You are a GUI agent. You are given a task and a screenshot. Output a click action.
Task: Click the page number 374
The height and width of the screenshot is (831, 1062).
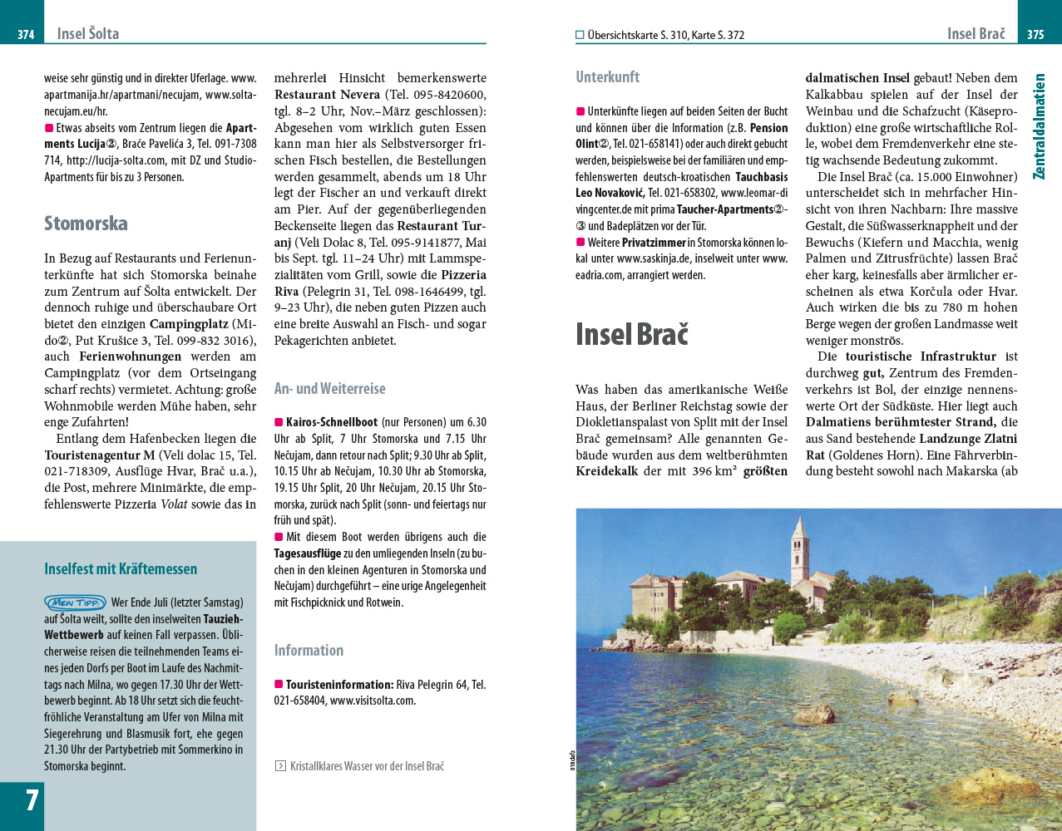click(x=26, y=35)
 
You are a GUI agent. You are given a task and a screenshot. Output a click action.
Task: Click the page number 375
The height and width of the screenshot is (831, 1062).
click(x=1035, y=35)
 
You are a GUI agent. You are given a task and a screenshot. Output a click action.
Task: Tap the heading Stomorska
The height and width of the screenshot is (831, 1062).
click(x=86, y=224)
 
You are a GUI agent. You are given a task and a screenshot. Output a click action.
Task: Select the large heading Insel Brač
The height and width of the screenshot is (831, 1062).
click(x=632, y=334)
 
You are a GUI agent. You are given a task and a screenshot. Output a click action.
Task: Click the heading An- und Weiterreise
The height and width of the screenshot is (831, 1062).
click(x=330, y=388)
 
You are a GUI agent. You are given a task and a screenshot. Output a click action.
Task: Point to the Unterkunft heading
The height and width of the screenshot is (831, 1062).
click(x=608, y=77)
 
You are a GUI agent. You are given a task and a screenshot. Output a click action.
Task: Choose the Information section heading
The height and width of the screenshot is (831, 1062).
click(x=309, y=650)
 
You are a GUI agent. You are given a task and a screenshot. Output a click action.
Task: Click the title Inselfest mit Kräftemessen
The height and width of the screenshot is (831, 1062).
click(x=121, y=569)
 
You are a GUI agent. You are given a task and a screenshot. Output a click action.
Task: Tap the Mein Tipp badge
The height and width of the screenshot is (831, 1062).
click(x=75, y=602)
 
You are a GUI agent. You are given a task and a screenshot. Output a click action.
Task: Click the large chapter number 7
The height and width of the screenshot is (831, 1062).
click(x=32, y=800)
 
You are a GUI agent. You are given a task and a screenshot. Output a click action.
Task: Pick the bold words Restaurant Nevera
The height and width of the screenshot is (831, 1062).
click(x=327, y=95)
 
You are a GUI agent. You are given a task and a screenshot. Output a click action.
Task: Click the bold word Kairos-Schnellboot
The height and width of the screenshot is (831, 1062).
click(x=332, y=422)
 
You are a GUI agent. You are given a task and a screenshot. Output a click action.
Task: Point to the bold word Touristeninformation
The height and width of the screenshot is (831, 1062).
click(x=339, y=685)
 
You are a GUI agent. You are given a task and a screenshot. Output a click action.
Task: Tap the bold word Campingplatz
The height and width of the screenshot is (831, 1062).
click(x=189, y=323)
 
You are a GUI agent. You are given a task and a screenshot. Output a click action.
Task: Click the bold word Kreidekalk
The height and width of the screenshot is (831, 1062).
click(x=607, y=471)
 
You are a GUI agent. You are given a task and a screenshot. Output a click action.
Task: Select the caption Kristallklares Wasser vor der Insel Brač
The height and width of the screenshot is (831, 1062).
click(x=367, y=766)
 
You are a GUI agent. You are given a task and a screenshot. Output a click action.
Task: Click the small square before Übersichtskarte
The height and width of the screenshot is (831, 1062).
click(x=580, y=35)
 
